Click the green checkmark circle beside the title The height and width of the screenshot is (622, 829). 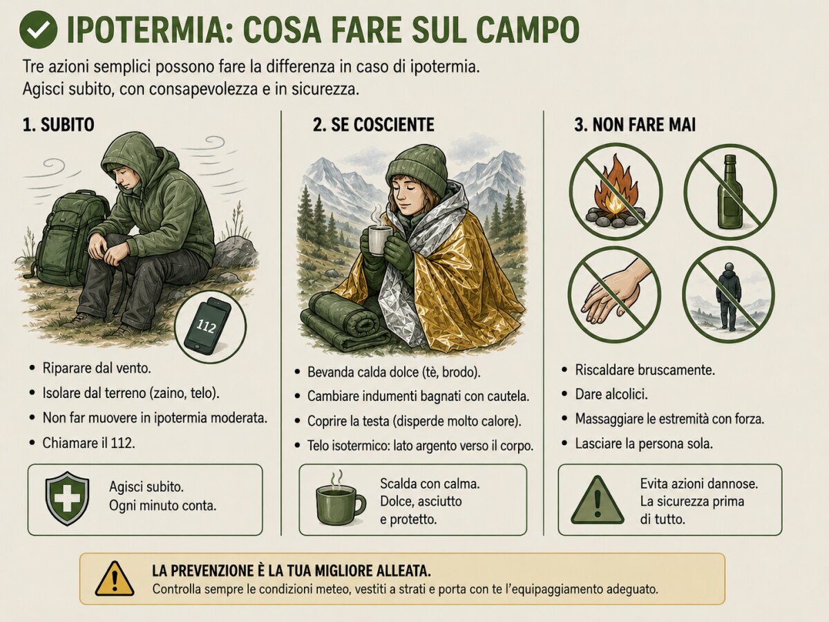click(x=38, y=30)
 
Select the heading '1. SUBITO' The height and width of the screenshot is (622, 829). click(x=59, y=124)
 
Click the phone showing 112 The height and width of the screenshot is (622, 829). click(x=208, y=326)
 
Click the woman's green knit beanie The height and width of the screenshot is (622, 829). click(x=416, y=171)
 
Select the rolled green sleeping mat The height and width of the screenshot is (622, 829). click(x=345, y=321)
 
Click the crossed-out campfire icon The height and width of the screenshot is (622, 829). click(x=616, y=192)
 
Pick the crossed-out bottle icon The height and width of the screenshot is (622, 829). click(x=730, y=192)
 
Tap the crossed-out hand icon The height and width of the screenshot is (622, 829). click(x=614, y=294)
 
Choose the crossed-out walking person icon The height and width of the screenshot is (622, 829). click(x=729, y=294)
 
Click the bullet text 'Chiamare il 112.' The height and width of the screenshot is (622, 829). click(x=88, y=442)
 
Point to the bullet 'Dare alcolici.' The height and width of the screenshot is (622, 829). click(x=611, y=394)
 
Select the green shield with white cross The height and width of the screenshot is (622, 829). click(x=67, y=498)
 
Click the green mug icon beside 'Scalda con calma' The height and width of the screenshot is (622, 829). click(x=341, y=498)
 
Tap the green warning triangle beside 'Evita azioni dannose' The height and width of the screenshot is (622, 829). click(x=598, y=500)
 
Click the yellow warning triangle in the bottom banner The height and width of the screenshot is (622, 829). click(x=115, y=578)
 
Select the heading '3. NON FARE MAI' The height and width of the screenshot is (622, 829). click(x=634, y=124)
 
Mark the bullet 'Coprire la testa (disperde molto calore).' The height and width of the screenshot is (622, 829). click(x=414, y=421)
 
